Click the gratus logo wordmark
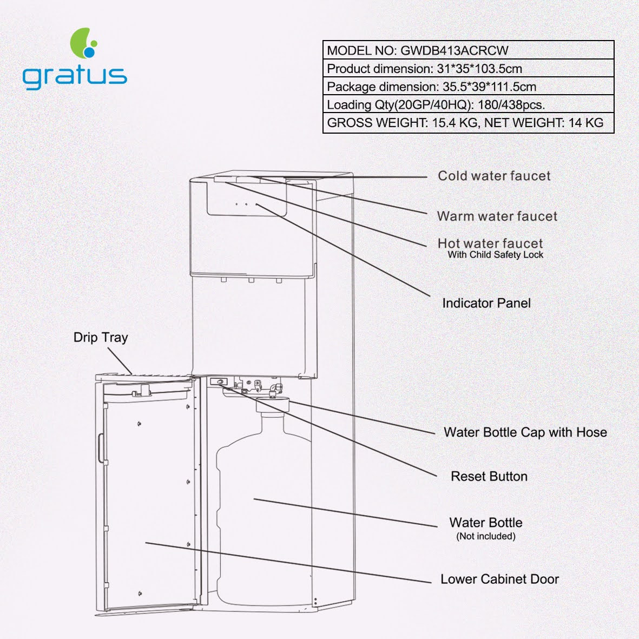coord(75,77)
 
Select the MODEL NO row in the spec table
coord(468,50)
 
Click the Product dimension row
coord(468,69)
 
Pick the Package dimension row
coord(468,87)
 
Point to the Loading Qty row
coord(468,104)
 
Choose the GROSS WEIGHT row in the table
coord(468,123)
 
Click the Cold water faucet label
coord(494,176)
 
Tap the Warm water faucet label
coord(497,216)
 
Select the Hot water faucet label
coord(490,243)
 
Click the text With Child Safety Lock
coord(496,255)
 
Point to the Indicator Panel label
coord(486,303)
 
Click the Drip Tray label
coord(101,338)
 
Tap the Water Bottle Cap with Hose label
coord(525,432)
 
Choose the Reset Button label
coord(489,476)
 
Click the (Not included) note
coord(486,536)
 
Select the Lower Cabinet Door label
coord(499,579)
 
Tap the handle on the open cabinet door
coord(101,449)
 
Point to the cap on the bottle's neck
coord(273,405)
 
